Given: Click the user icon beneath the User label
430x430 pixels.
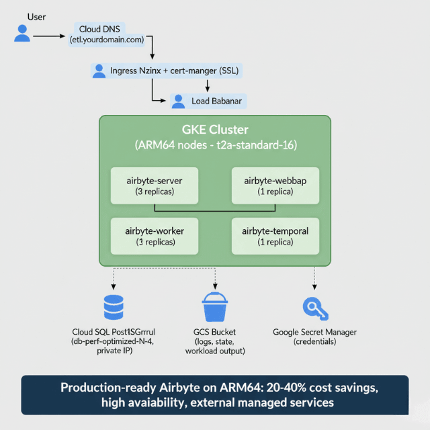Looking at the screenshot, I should pos(22,34).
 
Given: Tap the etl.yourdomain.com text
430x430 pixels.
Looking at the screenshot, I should pos(107,40).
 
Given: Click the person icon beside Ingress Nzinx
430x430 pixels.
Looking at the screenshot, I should pos(99,71).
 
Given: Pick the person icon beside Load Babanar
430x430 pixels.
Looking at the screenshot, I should pos(178,101).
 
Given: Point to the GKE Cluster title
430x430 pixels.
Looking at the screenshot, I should pos(215,130).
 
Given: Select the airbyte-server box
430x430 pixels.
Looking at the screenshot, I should pos(155,185).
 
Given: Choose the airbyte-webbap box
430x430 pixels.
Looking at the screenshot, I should pos(275,185).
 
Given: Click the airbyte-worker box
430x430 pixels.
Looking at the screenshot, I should pos(155,235).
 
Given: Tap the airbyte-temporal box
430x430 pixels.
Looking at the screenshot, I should pos(275,235).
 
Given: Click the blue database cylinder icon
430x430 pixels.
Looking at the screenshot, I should pos(114,307).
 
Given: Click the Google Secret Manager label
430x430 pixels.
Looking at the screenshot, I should pos(314,332).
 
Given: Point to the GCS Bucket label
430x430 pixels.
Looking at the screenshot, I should pos(215,332).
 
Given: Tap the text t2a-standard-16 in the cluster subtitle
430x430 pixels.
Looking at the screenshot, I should pos(258,144).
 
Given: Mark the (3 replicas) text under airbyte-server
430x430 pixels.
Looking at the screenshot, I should pos(155,191).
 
